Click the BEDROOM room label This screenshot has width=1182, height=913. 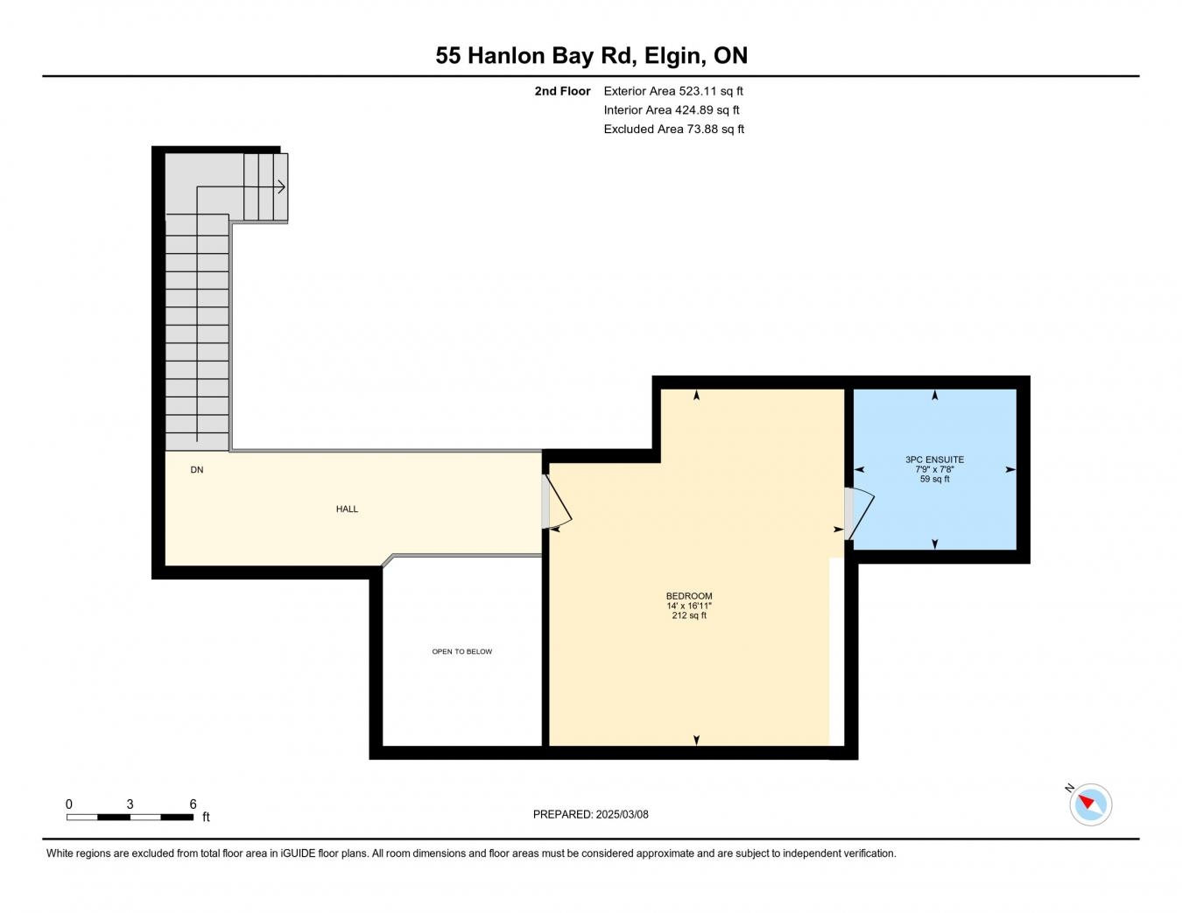(689, 596)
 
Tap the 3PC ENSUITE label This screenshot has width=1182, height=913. (934, 460)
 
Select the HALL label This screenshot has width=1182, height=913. (347, 509)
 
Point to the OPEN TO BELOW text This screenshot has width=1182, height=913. (461, 651)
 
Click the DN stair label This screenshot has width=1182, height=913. (197, 470)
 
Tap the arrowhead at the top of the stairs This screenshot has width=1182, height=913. (282, 187)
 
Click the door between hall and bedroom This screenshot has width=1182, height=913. (557, 501)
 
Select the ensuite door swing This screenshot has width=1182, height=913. (860, 513)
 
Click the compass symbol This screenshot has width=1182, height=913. (1090, 804)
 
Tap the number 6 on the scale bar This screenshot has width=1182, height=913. (193, 804)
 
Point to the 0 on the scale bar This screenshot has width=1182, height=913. (69, 804)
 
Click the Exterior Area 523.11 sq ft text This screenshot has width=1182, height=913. (672, 91)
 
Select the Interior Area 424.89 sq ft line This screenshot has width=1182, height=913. (672, 109)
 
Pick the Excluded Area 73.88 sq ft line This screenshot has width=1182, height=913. (673, 129)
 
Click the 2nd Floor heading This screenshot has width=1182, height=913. (562, 91)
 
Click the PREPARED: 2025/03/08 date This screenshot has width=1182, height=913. (590, 814)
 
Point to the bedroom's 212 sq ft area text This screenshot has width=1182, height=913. (689, 615)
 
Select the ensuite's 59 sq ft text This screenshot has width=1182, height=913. (934, 479)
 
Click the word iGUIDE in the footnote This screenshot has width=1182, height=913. (298, 853)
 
